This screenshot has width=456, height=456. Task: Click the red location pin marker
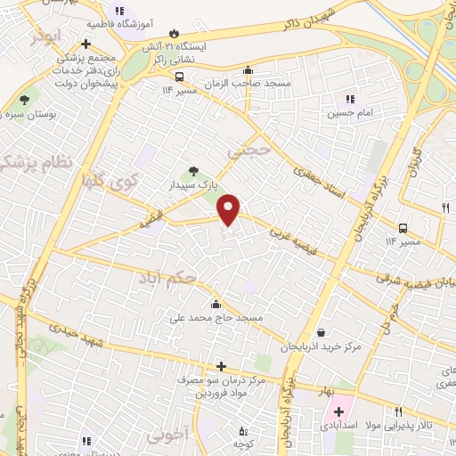(x=229, y=208)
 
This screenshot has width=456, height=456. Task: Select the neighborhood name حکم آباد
(x=178, y=281)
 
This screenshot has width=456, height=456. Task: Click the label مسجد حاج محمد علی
(x=220, y=317)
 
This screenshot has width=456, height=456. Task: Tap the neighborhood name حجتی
(x=246, y=152)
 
